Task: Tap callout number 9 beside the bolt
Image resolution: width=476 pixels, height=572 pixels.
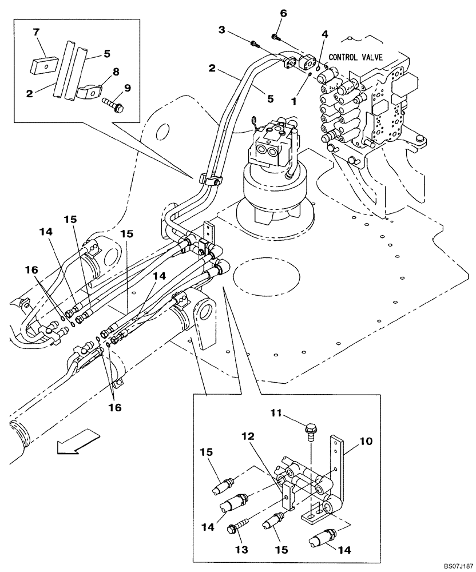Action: (x=127, y=88)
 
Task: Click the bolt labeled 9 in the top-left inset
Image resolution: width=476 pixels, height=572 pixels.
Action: (x=112, y=106)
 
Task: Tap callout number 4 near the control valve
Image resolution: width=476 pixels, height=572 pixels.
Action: (x=324, y=35)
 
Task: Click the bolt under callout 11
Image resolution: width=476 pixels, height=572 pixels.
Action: (x=311, y=429)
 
